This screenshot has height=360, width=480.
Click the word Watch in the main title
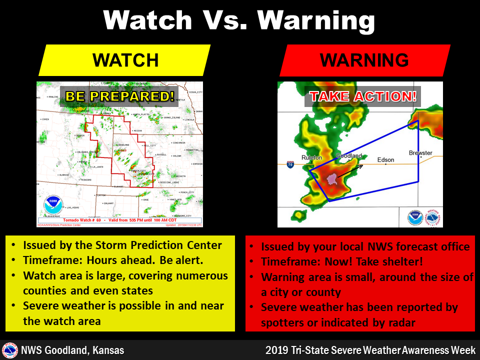coord(148,20)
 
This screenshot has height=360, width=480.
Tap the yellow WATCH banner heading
coord(125,60)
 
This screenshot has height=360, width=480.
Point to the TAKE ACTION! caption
coord(362,96)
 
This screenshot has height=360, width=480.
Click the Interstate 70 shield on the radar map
coord(290,163)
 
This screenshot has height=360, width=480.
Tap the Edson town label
coord(385,160)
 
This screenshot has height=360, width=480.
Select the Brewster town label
coord(420,153)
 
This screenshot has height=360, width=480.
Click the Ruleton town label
coord(312,158)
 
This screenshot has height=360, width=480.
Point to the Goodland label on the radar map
coord(348,156)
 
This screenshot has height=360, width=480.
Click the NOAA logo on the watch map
coord(53,205)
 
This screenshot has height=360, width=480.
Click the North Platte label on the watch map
coord(142,114)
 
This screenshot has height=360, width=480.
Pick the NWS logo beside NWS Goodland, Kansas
coord(9,350)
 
